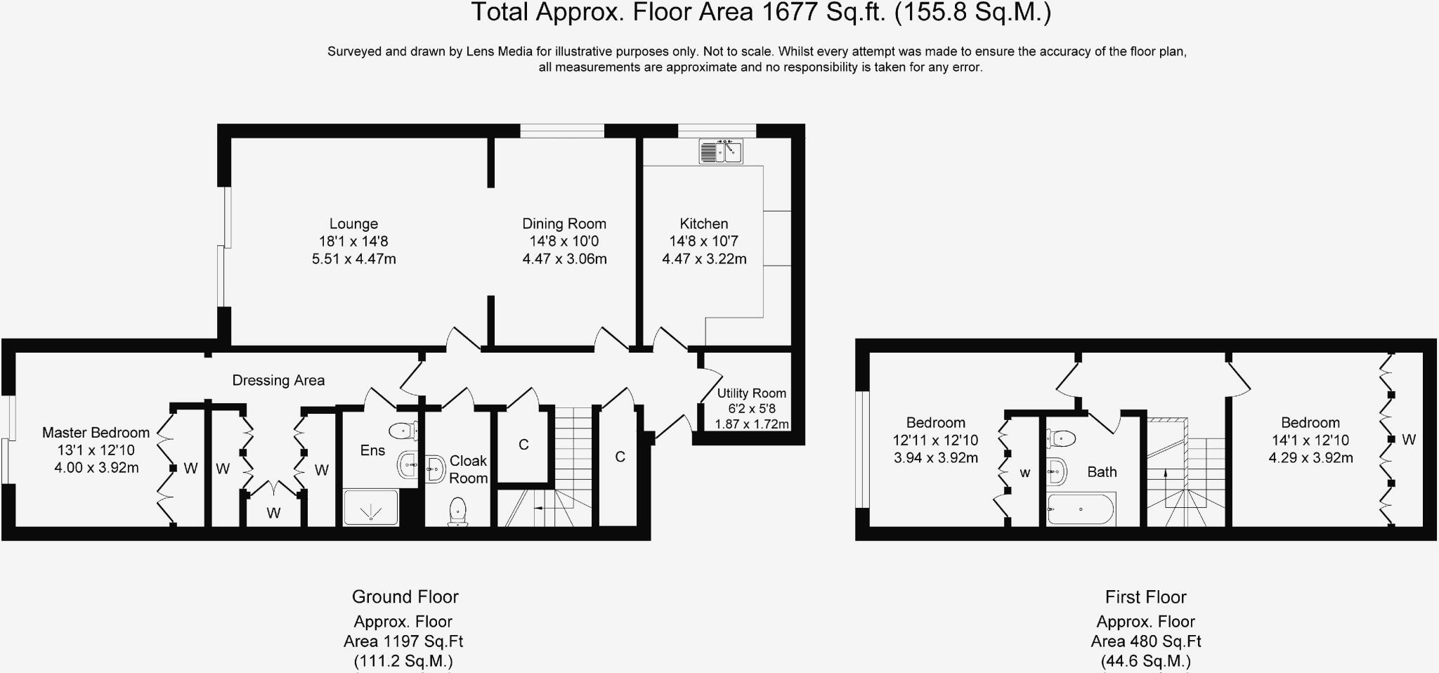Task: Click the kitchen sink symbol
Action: coord(721,151)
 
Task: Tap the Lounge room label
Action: coord(353,224)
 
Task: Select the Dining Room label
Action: coord(564,224)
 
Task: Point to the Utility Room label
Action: coord(751,393)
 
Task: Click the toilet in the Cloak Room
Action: coord(458,511)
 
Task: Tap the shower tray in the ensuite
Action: coord(370,508)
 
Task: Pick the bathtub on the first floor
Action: coord(1080,509)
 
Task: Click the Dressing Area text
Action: coord(278,381)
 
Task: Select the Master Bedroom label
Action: coord(96,433)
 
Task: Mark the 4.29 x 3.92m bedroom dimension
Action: coord(1310,458)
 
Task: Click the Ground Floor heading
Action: coord(405,597)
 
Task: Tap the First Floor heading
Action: coord(1145,597)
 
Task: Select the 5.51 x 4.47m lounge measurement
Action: coord(353,259)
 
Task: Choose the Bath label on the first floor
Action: coord(1102,472)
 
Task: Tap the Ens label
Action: coord(372,450)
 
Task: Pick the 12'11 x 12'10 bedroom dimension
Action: coord(935,440)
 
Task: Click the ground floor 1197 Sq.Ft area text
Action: coord(403,641)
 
